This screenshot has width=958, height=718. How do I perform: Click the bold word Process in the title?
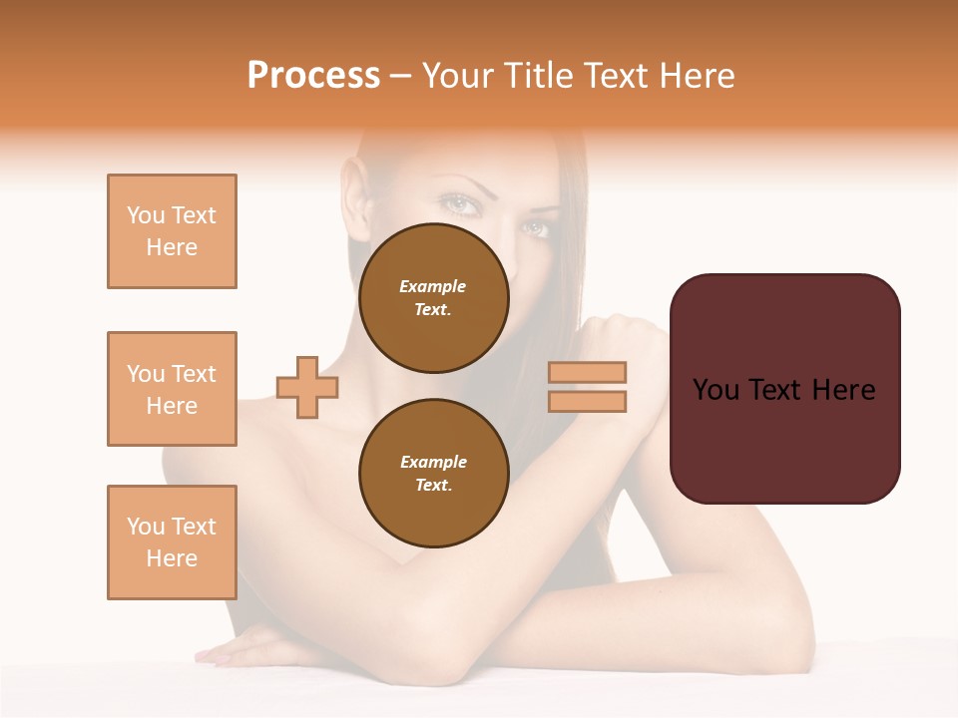pos(313,76)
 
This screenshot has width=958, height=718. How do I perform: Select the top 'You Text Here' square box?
pos(172,231)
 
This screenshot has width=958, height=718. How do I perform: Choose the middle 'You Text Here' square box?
pos(172,389)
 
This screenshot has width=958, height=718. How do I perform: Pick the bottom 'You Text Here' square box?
pos(172,542)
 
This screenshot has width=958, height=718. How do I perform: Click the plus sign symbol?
pos(307,387)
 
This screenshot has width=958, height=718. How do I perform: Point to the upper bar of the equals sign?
pos(587,372)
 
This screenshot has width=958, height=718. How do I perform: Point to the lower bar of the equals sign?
pos(587,401)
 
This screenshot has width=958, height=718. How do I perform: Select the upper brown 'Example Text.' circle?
pos(433,297)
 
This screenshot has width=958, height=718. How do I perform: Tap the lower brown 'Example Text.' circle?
pos(433,473)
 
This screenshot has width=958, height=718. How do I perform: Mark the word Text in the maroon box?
pos(784,390)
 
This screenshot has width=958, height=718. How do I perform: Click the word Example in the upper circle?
pos(433,286)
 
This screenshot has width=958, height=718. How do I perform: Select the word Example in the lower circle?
pos(433,462)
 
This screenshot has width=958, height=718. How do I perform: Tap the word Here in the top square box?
pos(172,247)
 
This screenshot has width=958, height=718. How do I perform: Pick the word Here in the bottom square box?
pos(172,558)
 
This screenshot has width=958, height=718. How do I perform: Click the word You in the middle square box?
pos(145,374)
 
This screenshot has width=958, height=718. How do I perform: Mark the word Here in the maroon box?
pos(843,390)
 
